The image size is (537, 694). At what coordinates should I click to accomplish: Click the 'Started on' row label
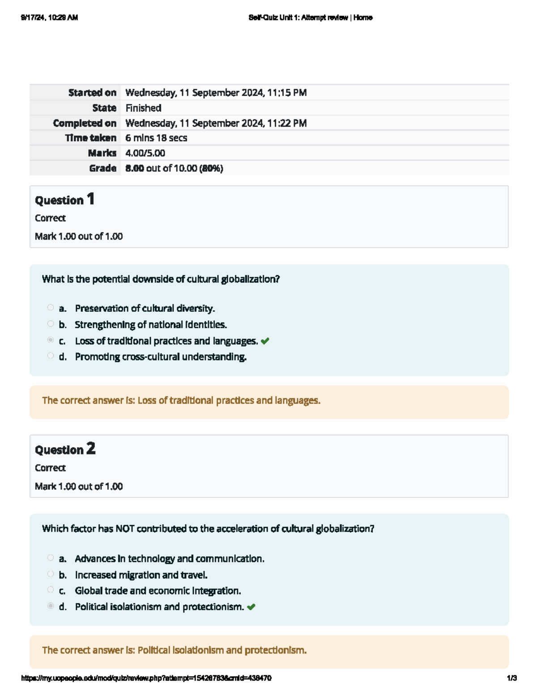tap(92, 93)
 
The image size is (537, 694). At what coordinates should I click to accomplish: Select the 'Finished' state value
tap(143, 108)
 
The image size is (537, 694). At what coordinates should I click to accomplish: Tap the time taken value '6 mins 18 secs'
tap(156, 138)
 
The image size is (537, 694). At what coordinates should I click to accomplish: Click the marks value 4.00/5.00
tap(145, 153)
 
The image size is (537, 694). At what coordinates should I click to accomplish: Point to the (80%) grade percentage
tap(211, 168)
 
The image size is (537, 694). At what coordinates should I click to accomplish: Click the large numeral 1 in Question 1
tap(91, 199)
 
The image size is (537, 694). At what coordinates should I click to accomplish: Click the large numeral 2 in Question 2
tap(91, 449)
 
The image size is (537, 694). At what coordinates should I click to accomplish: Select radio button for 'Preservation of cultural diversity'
tap(51, 308)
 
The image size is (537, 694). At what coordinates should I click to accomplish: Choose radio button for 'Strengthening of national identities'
tap(51, 324)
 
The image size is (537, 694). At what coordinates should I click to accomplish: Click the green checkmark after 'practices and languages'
tap(265, 341)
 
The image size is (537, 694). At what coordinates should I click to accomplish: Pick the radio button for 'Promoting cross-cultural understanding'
tap(51, 356)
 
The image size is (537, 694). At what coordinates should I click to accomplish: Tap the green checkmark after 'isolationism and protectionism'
tap(251, 607)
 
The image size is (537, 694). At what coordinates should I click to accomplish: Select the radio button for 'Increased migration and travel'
tap(51, 574)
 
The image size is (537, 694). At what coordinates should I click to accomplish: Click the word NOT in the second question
tap(125, 529)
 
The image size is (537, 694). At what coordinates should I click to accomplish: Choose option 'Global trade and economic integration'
tap(158, 591)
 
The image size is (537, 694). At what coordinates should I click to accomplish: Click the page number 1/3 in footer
tap(511, 678)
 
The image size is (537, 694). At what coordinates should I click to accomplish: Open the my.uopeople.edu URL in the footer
tap(146, 678)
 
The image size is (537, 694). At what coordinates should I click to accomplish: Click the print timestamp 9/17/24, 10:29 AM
tap(49, 18)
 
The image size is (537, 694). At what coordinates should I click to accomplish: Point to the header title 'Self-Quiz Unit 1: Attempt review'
tap(298, 18)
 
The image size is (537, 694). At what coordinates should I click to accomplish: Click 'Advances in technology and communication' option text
tap(169, 559)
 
